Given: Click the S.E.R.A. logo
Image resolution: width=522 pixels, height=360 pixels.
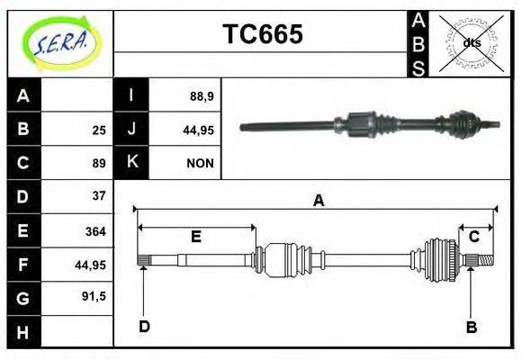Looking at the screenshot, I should (x=61, y=43).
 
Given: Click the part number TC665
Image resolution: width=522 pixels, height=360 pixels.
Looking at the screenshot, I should (x=262, y=35).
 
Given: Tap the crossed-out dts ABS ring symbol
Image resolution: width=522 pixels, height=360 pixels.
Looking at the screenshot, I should (x=472, y=42).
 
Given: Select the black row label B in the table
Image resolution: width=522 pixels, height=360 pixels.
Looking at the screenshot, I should (x=23, y=130).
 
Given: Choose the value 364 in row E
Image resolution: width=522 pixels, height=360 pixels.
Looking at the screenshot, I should (x=95, y=231).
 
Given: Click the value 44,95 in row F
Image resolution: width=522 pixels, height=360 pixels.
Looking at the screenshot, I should (x=91, y=265).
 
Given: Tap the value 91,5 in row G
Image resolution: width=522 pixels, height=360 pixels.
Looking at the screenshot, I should (x=94, y=295).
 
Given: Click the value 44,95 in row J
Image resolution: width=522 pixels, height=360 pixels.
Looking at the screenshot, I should (x=198, y=130).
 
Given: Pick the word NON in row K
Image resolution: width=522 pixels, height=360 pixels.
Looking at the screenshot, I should (x=200, y=164).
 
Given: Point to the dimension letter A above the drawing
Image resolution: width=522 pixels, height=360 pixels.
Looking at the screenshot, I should (x=318, y=202).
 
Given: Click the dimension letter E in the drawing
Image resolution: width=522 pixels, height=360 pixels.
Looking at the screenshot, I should (x=195, y=237).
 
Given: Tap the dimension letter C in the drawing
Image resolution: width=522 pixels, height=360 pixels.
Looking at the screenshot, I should (x=473, y=237).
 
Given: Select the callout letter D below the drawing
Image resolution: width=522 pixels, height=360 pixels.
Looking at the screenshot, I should (x=144, y=326).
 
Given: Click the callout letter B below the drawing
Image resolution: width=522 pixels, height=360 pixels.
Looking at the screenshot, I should (x=471, y=327).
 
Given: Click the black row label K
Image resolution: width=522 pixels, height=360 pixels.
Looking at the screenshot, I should (x=132, y=163).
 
